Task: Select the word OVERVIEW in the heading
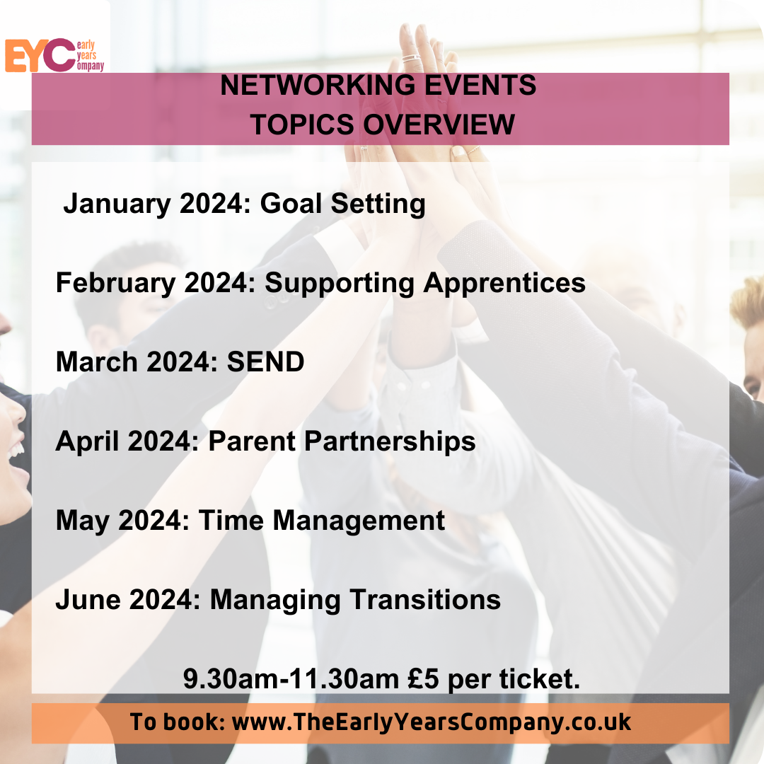click(439, 125)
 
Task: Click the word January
click(117, 204)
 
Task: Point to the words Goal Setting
click(343, 204)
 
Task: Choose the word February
click(116, 283)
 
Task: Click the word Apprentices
click(504, 283)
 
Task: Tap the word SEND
click(265, 362)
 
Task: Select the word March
click(97, 362)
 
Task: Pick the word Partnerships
click(390, 441)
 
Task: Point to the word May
click(83, 521)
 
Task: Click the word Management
click(359, 521)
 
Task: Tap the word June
click(88, 600)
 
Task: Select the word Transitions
click(425, 600)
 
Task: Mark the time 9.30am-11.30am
click(291, 679)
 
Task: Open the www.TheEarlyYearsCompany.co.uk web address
click(432, 722)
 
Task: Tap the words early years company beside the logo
click(91, 56)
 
